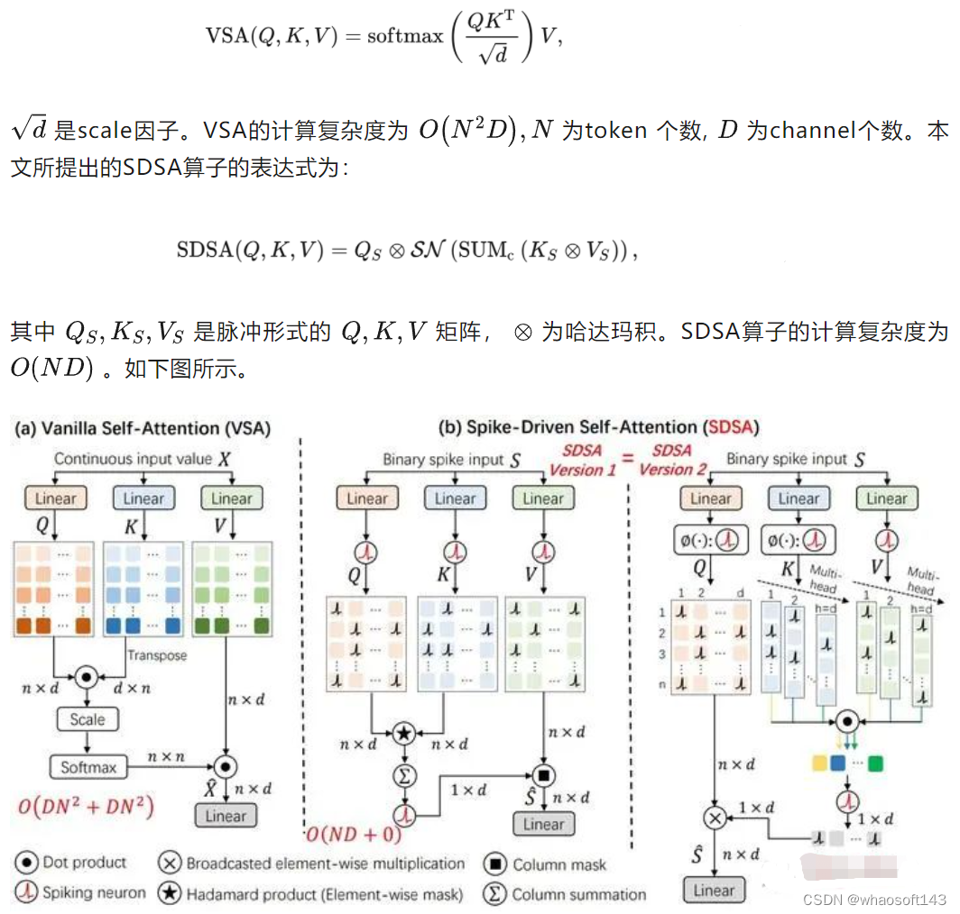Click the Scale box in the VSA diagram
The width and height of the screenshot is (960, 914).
point(88,719)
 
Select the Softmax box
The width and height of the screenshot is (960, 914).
point(88,767)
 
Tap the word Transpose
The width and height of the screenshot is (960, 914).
point(157,655)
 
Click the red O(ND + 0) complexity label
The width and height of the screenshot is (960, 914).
point(354,834)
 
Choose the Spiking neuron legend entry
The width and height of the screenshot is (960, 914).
point(81,892)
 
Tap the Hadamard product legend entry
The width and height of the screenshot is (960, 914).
point(312,894)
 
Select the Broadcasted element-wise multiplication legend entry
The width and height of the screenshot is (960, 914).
point(312,864)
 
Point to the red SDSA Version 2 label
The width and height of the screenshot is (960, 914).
point(672,460)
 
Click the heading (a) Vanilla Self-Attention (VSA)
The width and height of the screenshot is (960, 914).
point(143,429)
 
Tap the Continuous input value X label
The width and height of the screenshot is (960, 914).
point(143,459)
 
